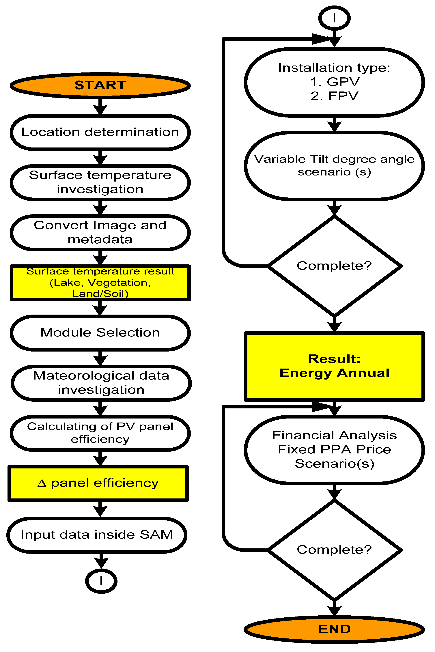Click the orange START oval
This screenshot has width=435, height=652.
click(100, 85)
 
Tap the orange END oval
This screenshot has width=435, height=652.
click(334, 629)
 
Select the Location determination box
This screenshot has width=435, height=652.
click(100, 132)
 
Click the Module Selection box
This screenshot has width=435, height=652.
click(100, 332)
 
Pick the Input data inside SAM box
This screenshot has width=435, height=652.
click(97, 535)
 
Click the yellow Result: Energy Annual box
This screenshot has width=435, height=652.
click(334, 366)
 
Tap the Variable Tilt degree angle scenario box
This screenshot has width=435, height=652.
click(334, 166)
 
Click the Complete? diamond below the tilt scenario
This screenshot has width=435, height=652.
click(334, 266)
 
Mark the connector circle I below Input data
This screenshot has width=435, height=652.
click(101, 581)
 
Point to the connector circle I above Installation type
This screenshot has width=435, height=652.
click(334, 18)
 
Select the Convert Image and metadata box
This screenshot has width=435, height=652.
click(100, 232)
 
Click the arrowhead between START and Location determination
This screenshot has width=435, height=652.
click(100, 110)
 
